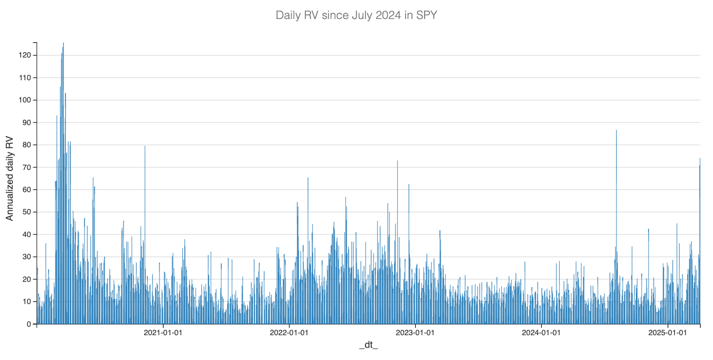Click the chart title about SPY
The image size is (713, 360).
(x=356, y=15)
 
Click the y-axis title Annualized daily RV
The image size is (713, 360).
(x=10, y=179)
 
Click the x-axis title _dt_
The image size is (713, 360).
(x=368, y=345)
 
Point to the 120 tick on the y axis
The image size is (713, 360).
(x=25, y=55)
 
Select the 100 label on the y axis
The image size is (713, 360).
(x=25, y=100)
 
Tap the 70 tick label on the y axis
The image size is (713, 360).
(x=27, y=167)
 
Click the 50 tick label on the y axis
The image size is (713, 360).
(x=27, y=212)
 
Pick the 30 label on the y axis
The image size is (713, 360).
(x=27, y=257)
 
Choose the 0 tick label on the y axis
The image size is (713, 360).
(x=29, y=324)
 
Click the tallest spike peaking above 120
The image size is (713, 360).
(x=63, y=44)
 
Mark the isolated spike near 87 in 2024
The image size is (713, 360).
(x=616, y=131)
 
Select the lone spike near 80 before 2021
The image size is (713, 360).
(x=145, y=147)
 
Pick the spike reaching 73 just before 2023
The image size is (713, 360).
(x=397, y=162)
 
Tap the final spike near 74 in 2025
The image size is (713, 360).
(x=700, y=159)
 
